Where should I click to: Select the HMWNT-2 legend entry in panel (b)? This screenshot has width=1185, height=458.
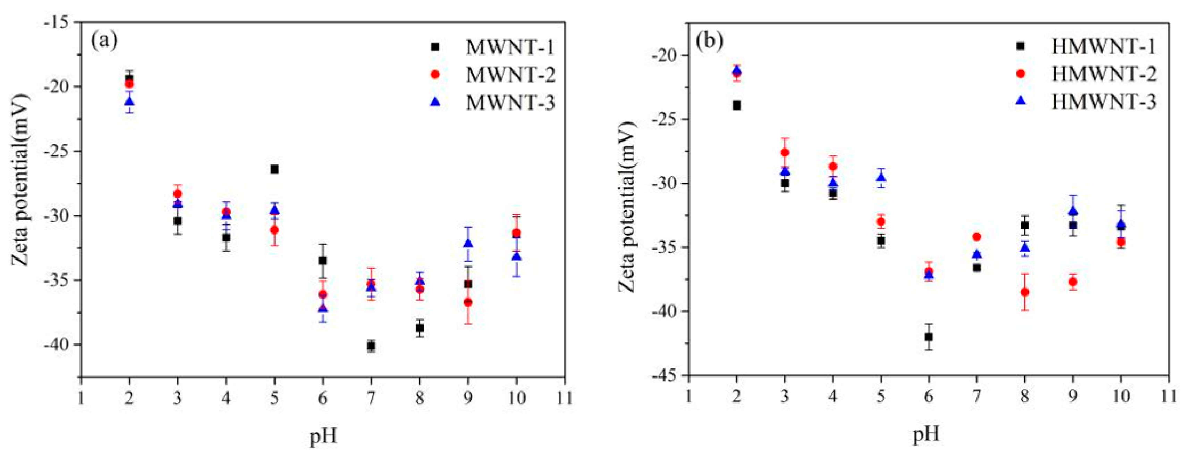pyautogui.click(x=1103, y=74)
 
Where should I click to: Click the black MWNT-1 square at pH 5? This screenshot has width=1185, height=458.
pyautogui.click(x=274, y=169)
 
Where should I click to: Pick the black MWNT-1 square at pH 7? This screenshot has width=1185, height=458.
pyautogui.click(x=371, y=346)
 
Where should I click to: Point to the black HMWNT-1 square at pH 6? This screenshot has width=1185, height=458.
pyautogui.click(x=929, y=337)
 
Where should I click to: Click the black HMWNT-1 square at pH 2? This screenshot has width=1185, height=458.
pyautogui.click(x=737, y=105)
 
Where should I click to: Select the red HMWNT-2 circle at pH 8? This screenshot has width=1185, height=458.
pyautogui.click(x=1025, y=292)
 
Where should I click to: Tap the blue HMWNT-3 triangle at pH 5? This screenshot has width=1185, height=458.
pyautogui.click(x=881, y=178)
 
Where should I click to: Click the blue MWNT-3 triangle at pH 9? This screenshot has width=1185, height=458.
pyautogui.click(x=468, y=243)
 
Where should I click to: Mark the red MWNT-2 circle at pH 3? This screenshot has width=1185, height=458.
pyautogui.click(x=178, y=194)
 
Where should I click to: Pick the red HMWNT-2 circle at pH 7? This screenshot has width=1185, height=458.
pyautogui.click(x=976, y=237)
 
